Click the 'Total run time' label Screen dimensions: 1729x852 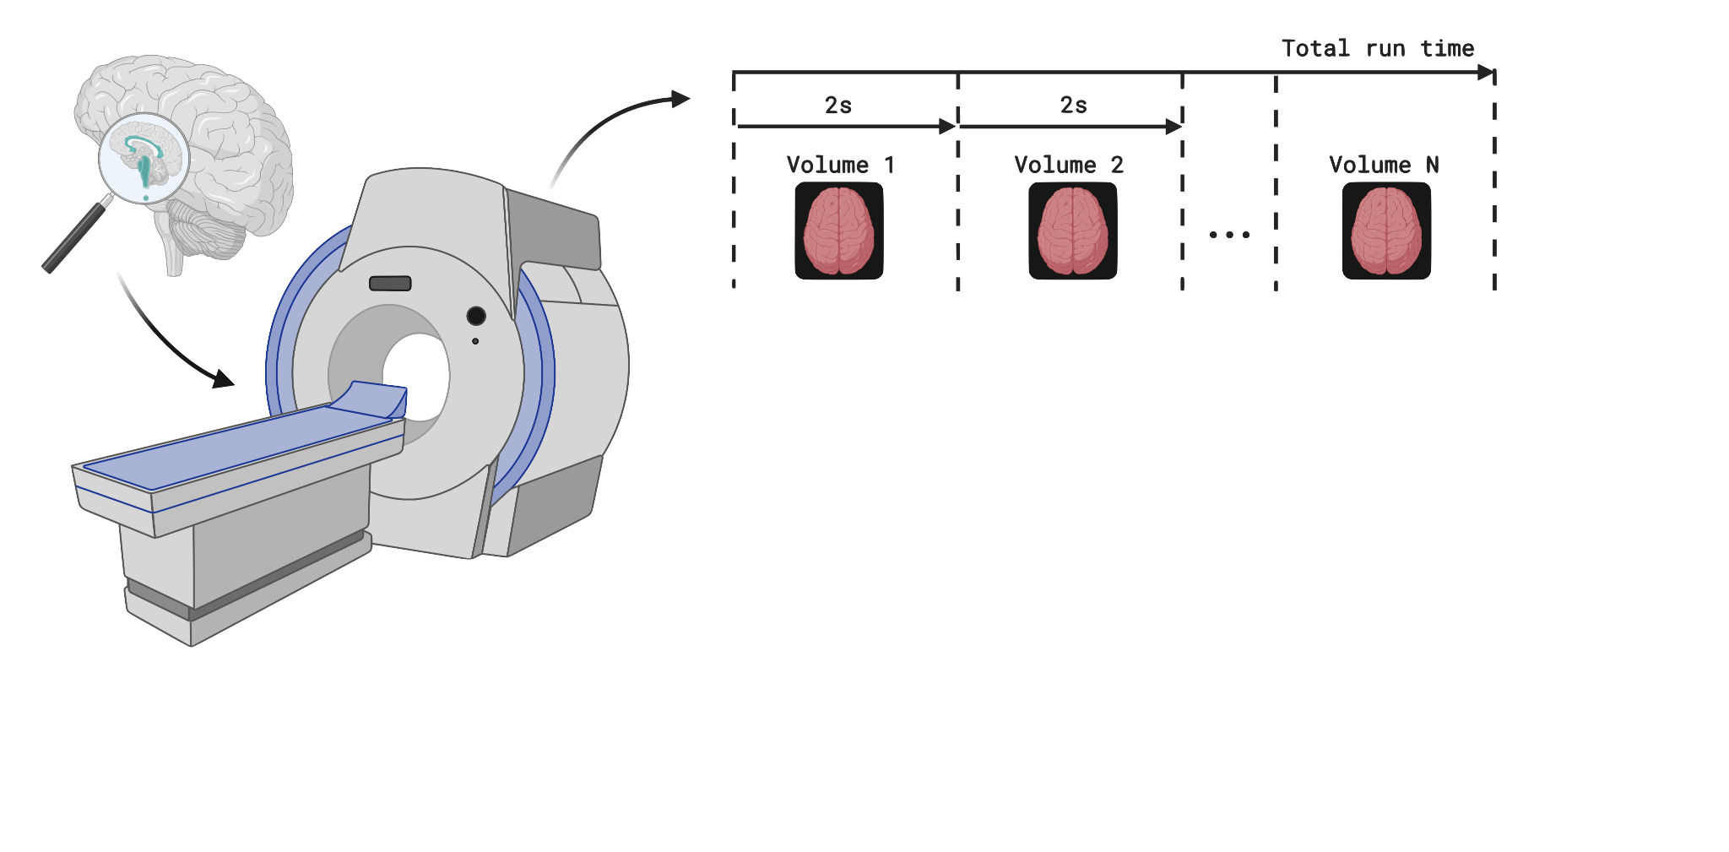click(x=1378, y=49)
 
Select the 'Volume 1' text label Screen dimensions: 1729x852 click(x=840, y=165)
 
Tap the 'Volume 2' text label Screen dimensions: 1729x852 click(x=1069, y=165)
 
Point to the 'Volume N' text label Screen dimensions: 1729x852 click(x=1384, y=165)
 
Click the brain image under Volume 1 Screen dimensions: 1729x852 click(x=839, y=231)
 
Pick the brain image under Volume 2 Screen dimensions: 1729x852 click(x=1073, y=231)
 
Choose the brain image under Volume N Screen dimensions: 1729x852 click(x=1386, y=231)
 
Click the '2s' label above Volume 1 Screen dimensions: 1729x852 click(x=838, y=106)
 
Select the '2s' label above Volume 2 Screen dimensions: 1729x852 click(x=1074, y=106)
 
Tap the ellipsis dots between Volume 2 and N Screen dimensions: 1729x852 click(x=1229, y=235)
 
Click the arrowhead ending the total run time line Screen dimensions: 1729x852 click(x=1486, y=73)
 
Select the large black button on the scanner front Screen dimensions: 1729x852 click(x=476, y=316)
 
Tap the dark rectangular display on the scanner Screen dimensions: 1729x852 click(x=390, y=284)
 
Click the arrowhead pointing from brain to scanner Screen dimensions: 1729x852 click(x=223, y=379)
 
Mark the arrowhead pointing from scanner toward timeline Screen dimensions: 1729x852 click(x=680, y=99)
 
